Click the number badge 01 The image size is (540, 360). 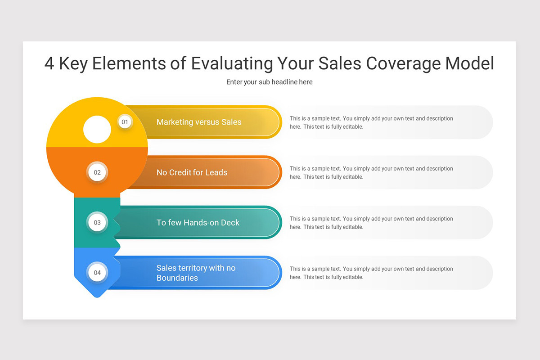pyautogui.click(x=125, y=122)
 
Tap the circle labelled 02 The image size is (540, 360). pyautogui.click(x=97, y=172)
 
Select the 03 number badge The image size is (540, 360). pyautogui.click(x=97, y=222)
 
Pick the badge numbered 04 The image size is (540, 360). pyautogui.click(x=97, y=272)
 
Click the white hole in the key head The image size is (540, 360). pyautogui.click(x=97, y=130)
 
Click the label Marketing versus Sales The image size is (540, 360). pyautogui.click(x=199, y=122)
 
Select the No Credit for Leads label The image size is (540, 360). pyautogui.click(x=192, y=172)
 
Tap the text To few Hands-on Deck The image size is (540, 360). pyautogui.click(x=198, y=222)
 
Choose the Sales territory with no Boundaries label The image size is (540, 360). pyautogui.click(x=196, y=273)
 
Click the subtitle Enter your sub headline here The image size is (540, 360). pyautogui.click(x=269, y=82)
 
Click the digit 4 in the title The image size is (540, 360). pyautogui.click(x=49, y=63)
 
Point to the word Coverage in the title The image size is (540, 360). pyautogui.click(x=402, y=63)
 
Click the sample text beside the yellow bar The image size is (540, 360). pyautogui.click(x=371, y=122)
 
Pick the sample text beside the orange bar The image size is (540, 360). pyautogui.click(x=371, y=173)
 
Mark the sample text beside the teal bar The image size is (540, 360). pyautogui.click(x=371, y=223)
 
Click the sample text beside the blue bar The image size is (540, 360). pyautogui.click(x=371, y=273)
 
